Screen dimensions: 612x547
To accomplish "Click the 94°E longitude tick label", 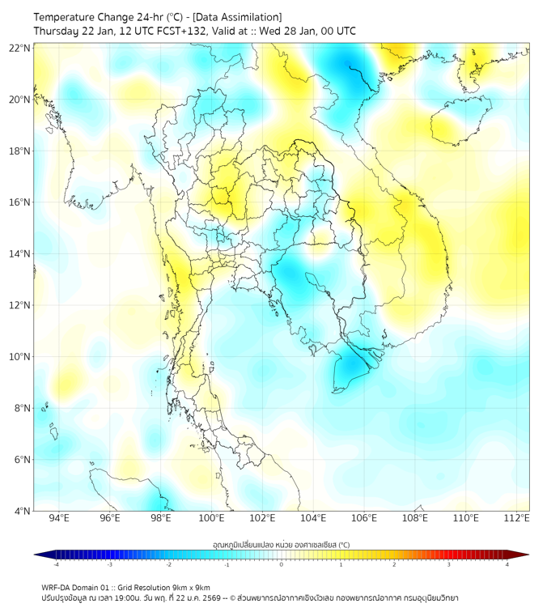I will [59, 518].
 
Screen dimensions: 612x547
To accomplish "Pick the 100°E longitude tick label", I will [211, 518].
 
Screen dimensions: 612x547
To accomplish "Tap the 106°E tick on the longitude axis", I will [364, 518].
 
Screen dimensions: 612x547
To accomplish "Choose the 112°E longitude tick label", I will [517, 518].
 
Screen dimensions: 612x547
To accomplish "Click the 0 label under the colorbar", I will [282, 564].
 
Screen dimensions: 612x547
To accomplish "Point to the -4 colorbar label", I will [55, 564].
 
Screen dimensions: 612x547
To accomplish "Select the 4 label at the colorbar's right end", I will [507, 564].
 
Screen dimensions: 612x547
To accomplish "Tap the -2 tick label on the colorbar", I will [168, 564].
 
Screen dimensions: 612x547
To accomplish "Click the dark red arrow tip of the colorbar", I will [524, 555].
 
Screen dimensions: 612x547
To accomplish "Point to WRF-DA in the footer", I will [57, 587].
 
